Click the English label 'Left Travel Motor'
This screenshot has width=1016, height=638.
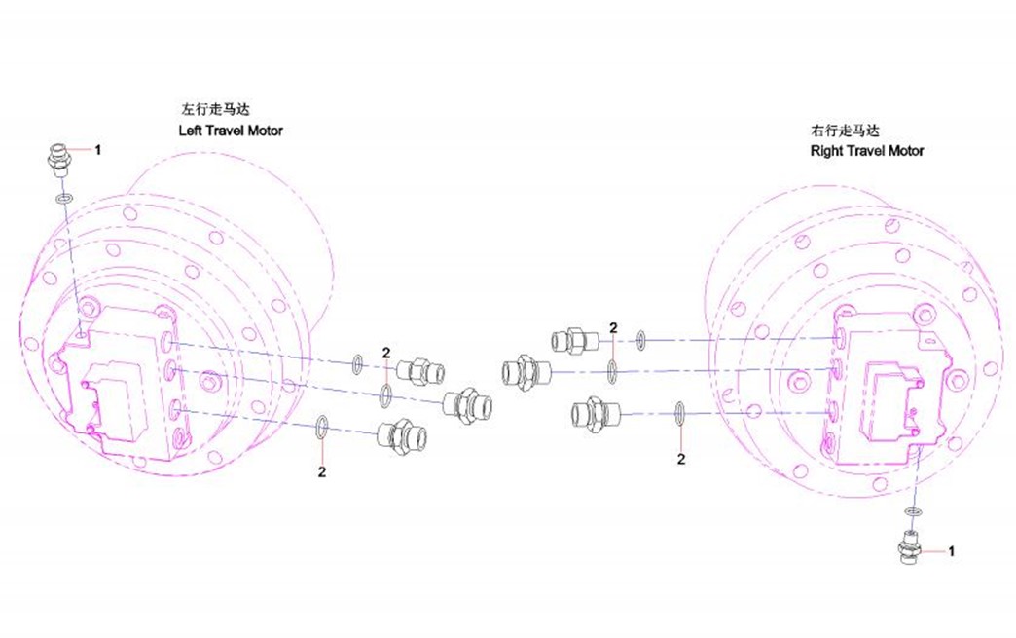[231, 131]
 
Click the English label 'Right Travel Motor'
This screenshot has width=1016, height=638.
[867, 151]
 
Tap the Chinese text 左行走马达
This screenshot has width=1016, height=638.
[214, 109]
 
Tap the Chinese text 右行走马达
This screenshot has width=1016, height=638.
[845, 131]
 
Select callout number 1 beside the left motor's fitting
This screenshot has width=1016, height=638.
[98, 150]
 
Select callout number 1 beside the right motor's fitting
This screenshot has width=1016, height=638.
[951, 551]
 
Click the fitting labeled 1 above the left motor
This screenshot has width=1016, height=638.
[59, 162]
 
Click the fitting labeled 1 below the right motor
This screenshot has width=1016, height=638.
[911, 547]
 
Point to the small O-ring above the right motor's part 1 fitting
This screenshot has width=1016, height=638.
[914, 512]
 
